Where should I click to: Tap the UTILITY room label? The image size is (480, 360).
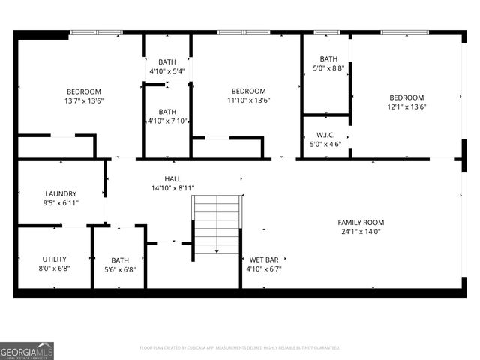pos(55,258)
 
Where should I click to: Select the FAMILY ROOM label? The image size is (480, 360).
pos(360,222)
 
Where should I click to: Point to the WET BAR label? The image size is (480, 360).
pos(263,259)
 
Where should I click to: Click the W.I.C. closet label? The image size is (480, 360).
pos(325,135)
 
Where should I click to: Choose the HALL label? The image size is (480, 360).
pos(173,178)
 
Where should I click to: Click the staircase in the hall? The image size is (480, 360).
pos(217,223)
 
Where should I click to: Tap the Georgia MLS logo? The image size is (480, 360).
pos(27,350)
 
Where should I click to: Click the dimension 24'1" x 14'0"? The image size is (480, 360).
pos(360,232)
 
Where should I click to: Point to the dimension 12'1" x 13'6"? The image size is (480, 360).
pos(406,106)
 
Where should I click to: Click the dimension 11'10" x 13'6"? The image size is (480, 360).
pos(248,100)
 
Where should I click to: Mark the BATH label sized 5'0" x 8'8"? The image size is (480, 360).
pos(328,59)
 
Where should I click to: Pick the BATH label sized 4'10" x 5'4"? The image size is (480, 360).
pos(166,62)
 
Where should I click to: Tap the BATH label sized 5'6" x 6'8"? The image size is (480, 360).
pos(120,260)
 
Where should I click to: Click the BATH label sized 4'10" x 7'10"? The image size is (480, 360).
pos(166,112)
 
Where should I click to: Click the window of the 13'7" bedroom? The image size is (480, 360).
pos(96,32)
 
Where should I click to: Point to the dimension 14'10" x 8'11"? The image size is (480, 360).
pos(173,188)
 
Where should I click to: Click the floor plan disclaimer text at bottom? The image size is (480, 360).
pos(240,347)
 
